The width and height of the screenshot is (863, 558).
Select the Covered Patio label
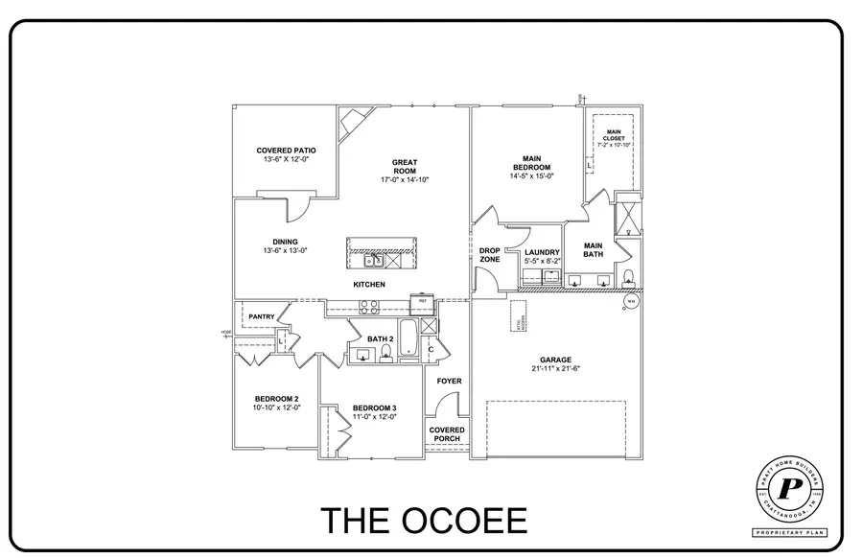click(x=286, y=151)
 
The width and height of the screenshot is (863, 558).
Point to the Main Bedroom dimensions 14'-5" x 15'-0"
click(x=532, y=175)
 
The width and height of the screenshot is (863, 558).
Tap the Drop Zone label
click(x=490, y=254)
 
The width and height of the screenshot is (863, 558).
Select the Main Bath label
click(x=593, y=249)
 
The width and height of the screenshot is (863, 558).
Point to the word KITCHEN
click(x=369, y=285)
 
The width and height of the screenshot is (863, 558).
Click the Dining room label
click(x=285, y=242)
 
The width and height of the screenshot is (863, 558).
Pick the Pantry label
click(x=262, y=316)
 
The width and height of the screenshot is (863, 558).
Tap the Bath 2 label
click(x=381, y=338)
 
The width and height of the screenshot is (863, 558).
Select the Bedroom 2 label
click(x=276, y=399)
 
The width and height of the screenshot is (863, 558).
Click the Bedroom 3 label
click(x=374, y=407)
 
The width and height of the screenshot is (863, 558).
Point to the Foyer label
click(x=449, y=381)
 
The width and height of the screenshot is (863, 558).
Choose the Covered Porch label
click(x=448, y=434)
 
